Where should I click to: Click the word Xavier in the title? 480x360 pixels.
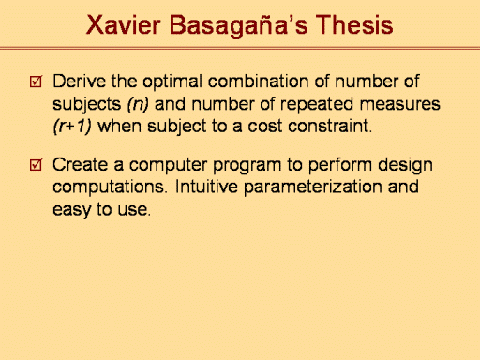click(x=124, y=24)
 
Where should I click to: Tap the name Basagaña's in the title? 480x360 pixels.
click(x=239, y=26)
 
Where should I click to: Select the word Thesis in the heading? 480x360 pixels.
click(x=354, y=24)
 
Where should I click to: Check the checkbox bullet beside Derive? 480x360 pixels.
click(x=36, y=82)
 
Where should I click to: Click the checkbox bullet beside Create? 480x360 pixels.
click(x=36, y=164)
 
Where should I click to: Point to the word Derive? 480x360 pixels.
click(x=80, y=82)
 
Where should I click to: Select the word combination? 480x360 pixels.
click(x=258, y=82)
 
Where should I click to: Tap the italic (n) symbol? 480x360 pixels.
click(x=138, y=105)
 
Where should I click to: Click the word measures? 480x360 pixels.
click(x=399, y=104)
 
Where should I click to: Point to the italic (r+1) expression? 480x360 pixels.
click(x=72, y=127)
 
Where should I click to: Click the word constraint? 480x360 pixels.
click(x=330, y=127)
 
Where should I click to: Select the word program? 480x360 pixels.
click(x=247, y=166)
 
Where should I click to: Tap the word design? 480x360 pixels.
click(x=405, y=165)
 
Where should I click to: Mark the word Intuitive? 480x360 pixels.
click(x=206, y=187)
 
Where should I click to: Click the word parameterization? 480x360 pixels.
click(x=313, y=187)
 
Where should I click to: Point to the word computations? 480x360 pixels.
click(x=109, y=187)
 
